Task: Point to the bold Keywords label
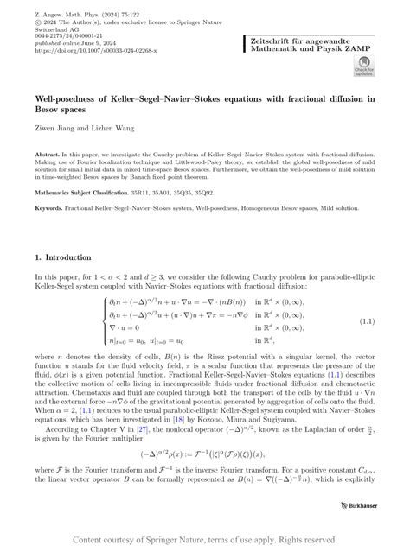(56, 208)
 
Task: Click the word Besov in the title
(50, 109)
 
